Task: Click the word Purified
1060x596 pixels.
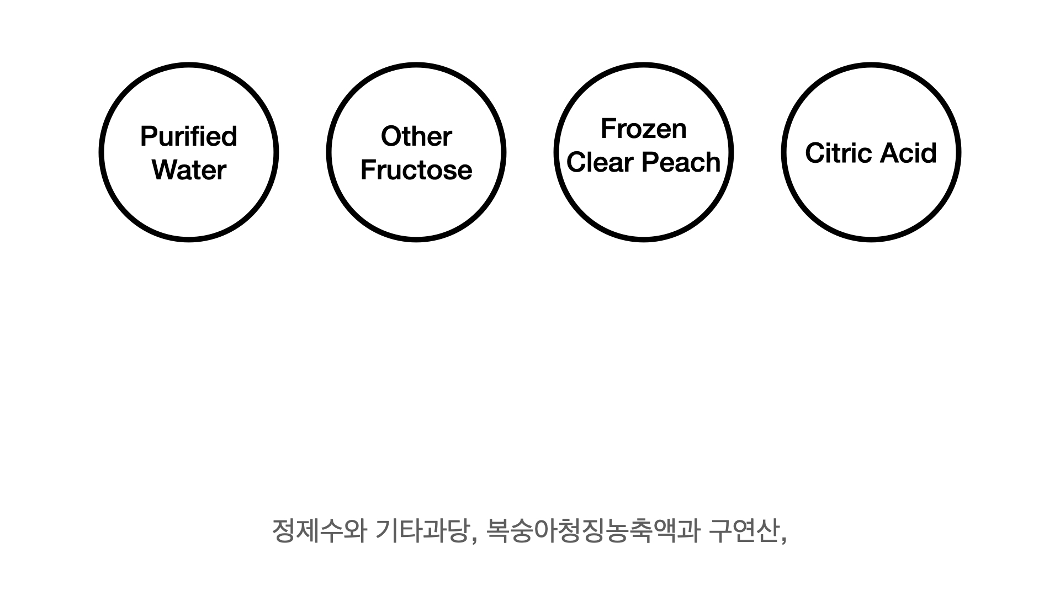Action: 189,136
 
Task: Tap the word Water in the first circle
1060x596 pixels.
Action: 189,170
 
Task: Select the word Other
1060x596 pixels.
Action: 416,136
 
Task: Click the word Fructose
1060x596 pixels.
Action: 416,170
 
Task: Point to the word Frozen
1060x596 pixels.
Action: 644,129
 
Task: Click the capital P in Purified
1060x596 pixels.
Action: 147,136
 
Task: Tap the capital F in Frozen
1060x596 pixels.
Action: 607,129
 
